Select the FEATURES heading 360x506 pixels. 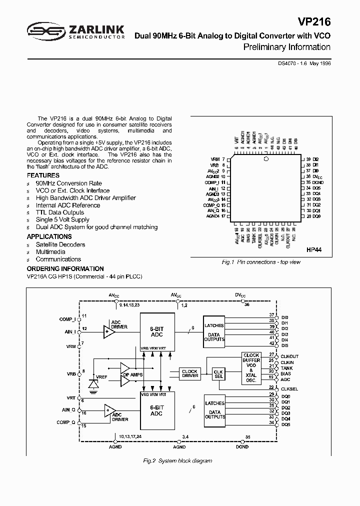click(x=43, y=175)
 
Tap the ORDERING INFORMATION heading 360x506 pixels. click(x=65, y=268)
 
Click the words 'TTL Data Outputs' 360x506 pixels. click(x=59, y=212)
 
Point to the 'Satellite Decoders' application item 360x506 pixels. click(x=60, y=244)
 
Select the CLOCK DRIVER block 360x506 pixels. click(x=189, y=373)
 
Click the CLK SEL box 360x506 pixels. click(x=218, y=374)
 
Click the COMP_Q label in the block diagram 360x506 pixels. click(x=65, y=422)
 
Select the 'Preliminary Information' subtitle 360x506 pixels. click(x=286, y=47)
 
